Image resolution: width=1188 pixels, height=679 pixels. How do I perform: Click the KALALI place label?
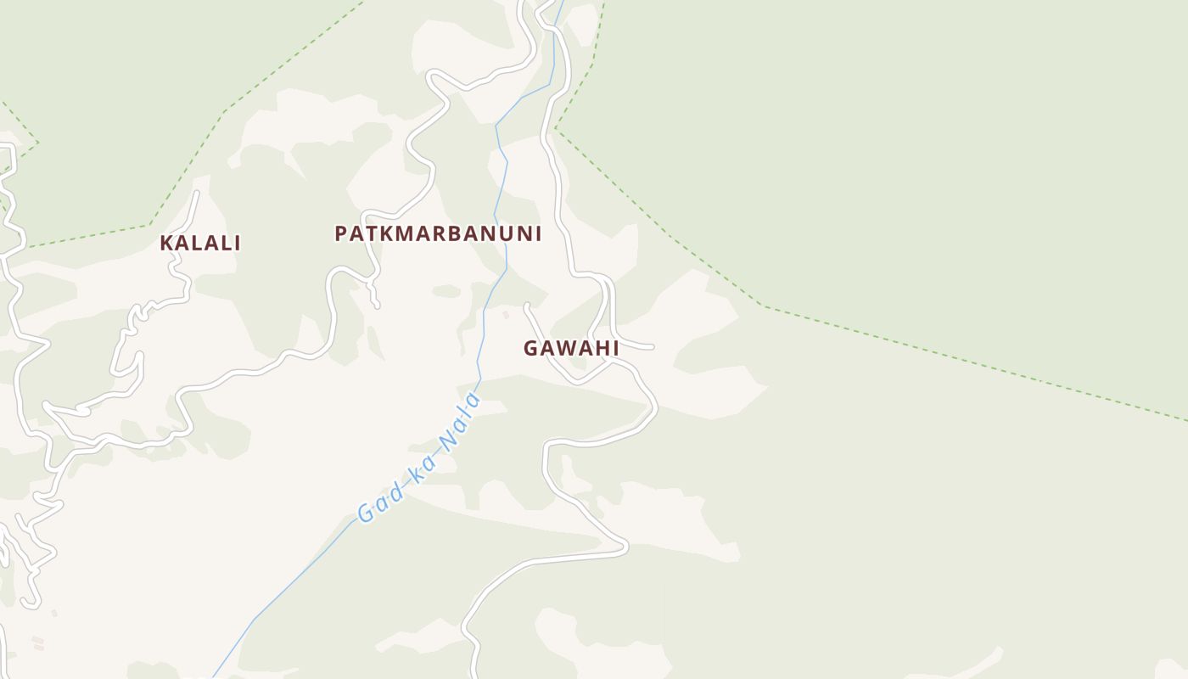click(x=200, y=243)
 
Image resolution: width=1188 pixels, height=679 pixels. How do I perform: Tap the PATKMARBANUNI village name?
click(x=438, y=233)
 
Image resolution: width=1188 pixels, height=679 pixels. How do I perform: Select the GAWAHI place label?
click(x=570, y=348)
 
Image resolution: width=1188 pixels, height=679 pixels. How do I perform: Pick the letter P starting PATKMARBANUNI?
click(x=341, y=233)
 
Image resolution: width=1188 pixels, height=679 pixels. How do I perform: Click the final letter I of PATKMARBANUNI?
click(x=537, y=233)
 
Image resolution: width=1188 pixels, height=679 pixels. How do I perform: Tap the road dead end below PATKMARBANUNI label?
click(x=377, y=306)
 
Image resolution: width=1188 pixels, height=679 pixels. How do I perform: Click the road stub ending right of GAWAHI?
click(x=651, y=347)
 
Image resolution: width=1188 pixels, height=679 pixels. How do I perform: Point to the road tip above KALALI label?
click(x=197, y=193)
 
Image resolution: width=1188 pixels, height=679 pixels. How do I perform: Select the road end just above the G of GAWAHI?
click(x=527, y=306)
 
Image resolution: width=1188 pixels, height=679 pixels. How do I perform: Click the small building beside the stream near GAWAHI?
click(x=507, y=315)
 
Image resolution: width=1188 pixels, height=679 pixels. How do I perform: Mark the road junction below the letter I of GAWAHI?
click(x=614, y=361)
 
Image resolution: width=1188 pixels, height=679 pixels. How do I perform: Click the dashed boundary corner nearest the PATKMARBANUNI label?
click(x=556, y=129)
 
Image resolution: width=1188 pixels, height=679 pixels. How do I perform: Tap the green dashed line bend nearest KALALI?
click(x=150, y=224)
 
